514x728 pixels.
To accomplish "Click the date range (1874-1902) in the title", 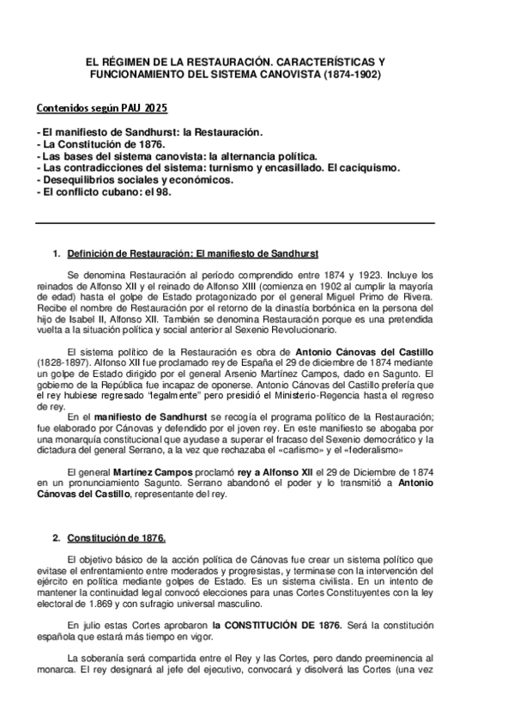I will click(x=352, y=76).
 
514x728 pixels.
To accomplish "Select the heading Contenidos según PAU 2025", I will click(x=101, y=109).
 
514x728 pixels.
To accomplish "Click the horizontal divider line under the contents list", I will click(x=234, y=223).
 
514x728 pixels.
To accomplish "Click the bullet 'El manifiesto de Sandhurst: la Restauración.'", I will click(x=149, y=133).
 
